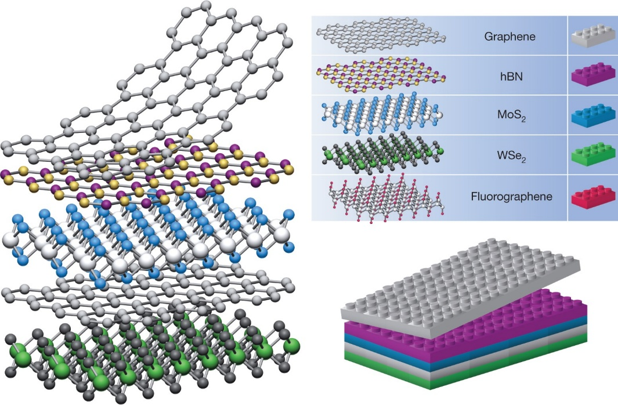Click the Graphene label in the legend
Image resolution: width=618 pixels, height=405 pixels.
[x=509, y=36]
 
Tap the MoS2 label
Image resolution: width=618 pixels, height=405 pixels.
[x=509, y=115]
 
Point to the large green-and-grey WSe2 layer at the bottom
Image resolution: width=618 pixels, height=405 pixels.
[x=145, y=354]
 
